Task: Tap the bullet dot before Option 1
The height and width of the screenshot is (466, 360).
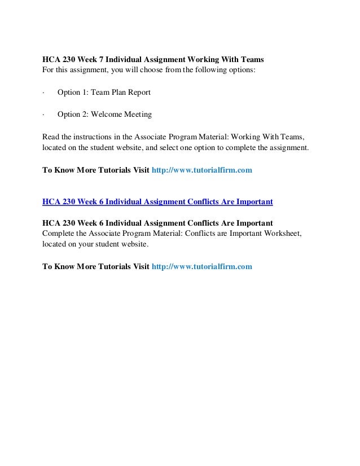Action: click(43, 93)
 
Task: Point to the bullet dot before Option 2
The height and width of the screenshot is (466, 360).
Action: click(43, 115)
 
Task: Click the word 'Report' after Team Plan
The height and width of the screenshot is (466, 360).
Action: click(138, 93)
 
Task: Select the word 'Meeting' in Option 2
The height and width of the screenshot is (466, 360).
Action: click(138, 115)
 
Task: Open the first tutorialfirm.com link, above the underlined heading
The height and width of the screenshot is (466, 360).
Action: click(202, 170)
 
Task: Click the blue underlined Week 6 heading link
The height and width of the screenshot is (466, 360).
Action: click(157, 201)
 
